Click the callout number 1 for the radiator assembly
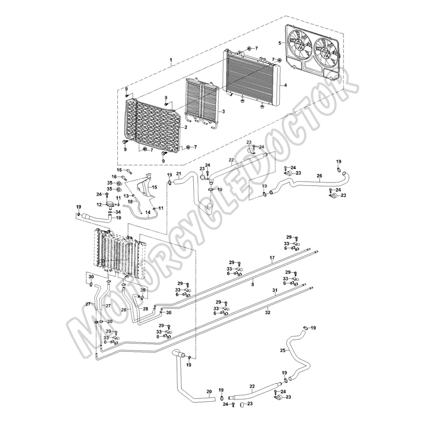(x=171, y=59)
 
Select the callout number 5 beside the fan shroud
(x=280, y=43)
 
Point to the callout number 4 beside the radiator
(x=286, y=85)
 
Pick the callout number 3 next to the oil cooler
(x=223, y=112)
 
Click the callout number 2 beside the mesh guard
(x=186, y=127)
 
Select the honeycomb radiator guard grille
(x=152, y=125)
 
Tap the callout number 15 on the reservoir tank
(x=154, y=187)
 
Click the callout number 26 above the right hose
(x=320, y=176)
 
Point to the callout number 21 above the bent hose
(x=178, y=173)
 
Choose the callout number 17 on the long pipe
(x=272, y=257)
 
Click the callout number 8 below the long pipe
(x=253, y=284)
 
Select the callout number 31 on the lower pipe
(x=275, y=290)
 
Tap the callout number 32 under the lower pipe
(x=267, y=312)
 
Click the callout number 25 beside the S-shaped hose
(x=283, y=350)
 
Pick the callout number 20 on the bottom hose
(x=209, y=392)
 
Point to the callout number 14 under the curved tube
(x=148, y=212)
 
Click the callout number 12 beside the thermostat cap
(x=99, y=205)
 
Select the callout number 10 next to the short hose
(x=118, y=218)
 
